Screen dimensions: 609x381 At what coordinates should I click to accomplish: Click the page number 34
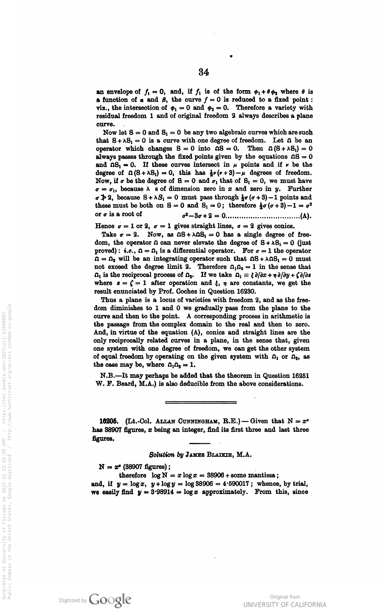204,72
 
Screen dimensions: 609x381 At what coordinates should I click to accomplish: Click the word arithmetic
283,316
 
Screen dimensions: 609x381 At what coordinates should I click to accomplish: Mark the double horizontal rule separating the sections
201,402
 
